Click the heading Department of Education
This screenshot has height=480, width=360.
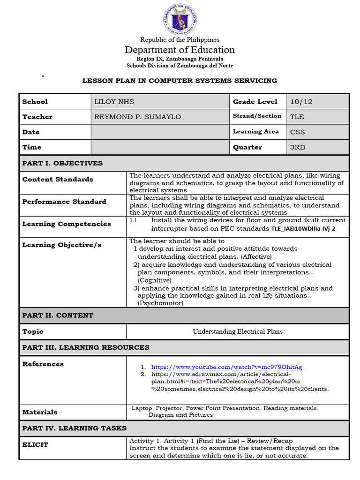coord(180,50)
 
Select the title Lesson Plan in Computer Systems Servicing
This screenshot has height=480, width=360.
coord(180,81)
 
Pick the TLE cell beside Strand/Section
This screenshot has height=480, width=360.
coord(297,117)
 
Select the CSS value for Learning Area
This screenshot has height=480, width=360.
coord(297,132)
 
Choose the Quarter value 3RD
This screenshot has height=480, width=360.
coord(298,147)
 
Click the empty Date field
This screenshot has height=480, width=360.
coord(160,132)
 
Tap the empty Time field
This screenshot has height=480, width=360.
coord(160,147)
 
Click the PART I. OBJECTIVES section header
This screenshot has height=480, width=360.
coord(62,163)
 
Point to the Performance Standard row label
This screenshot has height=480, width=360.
coord(64,202)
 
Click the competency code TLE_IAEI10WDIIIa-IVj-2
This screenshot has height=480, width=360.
coord(303,229)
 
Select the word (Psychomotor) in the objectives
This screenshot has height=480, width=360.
coord(160,303)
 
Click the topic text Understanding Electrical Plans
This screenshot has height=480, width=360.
coord(238,331)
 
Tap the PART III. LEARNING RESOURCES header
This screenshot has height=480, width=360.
coord(86,347)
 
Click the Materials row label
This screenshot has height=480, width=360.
coord(40,412)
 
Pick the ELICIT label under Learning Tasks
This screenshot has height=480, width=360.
coord(35,444)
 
